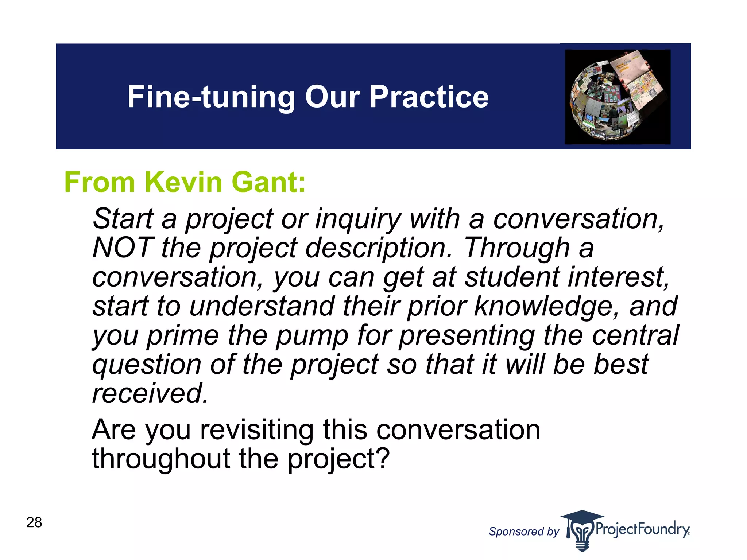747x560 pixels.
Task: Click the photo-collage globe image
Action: pos(618,97)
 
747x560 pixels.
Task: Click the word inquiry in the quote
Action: pos(358,220)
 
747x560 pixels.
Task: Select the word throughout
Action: pos(161,459)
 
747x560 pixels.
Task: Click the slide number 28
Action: pos(34,522)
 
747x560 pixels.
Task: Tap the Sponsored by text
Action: pos(524,532)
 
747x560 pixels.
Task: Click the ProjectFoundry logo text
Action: pos(642,529)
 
